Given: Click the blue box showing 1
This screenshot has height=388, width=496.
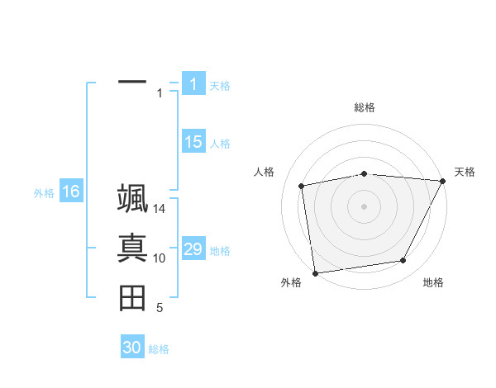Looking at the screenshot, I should click(193, 83).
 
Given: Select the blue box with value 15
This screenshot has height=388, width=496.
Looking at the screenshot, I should click(193, 142).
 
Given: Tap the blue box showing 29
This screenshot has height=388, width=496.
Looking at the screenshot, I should click(193, 249).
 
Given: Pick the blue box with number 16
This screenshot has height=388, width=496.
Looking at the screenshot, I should click(70, 192).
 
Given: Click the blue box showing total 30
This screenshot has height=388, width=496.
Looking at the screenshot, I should click(132, 348).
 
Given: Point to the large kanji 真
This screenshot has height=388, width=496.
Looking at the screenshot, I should click(132, 248).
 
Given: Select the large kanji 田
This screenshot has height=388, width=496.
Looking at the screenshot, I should click(132, 298).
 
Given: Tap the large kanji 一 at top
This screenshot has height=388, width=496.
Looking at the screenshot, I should click(132, 83).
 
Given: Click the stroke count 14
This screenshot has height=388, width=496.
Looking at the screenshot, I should click(160, 209).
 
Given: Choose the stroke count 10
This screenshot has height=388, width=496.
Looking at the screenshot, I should click(160, 258).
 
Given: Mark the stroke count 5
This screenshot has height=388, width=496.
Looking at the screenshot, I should click(160, 308).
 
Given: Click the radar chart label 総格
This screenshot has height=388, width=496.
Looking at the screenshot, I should click(364, 107).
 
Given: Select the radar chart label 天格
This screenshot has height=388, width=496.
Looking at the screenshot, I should click(465, 172).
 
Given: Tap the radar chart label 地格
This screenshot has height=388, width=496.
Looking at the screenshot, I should click(433, 283).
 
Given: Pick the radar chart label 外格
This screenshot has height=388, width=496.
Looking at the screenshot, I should click(291, 283).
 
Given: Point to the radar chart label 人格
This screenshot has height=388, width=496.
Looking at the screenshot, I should click(264, 172).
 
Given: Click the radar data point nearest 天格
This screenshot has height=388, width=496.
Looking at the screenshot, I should click(443, 181).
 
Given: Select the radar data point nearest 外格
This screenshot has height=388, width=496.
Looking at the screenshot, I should click(315, 272).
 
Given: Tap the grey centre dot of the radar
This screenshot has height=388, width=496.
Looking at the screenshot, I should click(364, 206).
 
